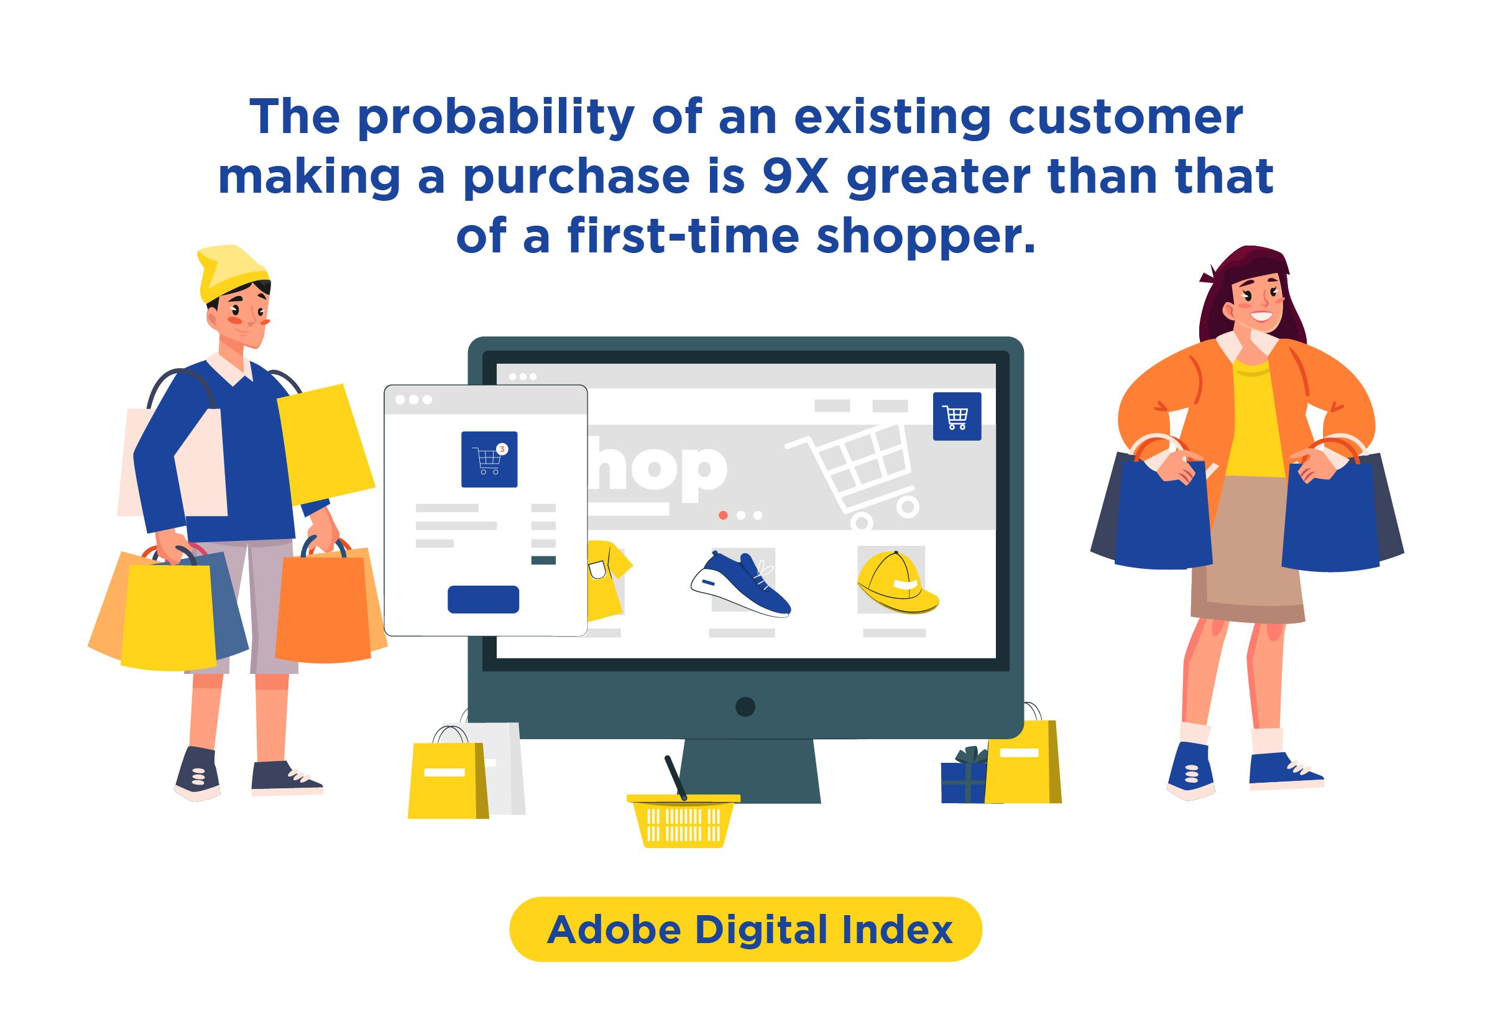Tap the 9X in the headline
tap(796, 176)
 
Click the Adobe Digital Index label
tap(749, 930)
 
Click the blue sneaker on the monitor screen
tap(740, 583)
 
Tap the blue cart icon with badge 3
tap(489, 459)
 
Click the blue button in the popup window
tap(483, 599)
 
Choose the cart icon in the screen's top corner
tap(957, 417)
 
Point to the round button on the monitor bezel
tap(745, 707)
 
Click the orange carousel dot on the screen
tap(724, 515)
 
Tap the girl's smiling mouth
tap(1261, 317)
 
